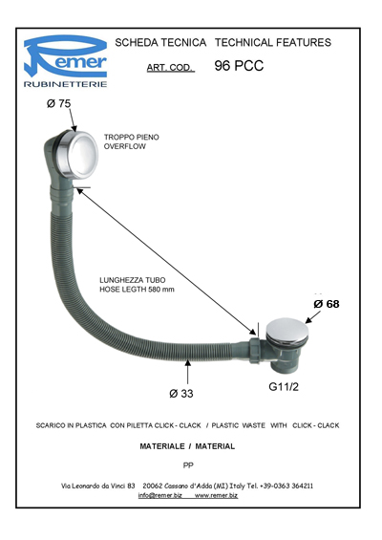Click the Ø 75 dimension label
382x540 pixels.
[58, 103]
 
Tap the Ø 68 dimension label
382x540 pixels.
[327, 304]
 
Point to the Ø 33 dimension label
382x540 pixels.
[181, 393]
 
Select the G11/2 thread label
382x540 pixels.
[284, 387]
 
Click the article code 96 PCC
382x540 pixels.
[239, 65]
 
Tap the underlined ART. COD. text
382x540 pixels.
[170, 68]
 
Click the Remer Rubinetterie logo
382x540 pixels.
[65, 61]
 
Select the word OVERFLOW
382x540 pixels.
[124, 146]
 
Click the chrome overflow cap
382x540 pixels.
[78, 154]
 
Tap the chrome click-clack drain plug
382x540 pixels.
[287, 332]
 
